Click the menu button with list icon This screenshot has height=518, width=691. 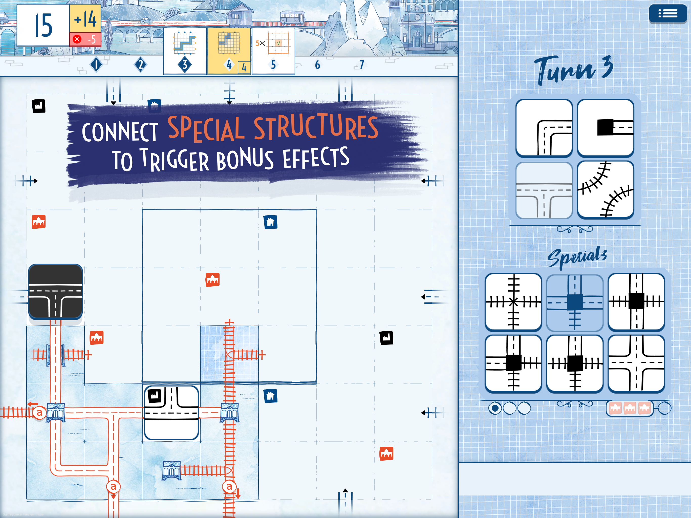(x=667, y=13)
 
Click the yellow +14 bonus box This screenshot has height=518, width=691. (x=85, y=19)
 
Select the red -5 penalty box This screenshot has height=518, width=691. (x=85, y=39)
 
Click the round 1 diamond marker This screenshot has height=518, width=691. (x=96, y=65)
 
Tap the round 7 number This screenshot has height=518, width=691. (x=361, y=65)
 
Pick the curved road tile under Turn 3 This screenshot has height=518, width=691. (x=544, y=128)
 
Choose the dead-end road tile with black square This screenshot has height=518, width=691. (x=606, y=128)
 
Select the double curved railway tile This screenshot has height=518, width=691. (x=606, y=189)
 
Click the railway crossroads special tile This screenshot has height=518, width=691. (x=513, y=302)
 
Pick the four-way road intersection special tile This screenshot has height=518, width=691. (x=636, y=363)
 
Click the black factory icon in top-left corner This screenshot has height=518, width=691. (x=38, y=106)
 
